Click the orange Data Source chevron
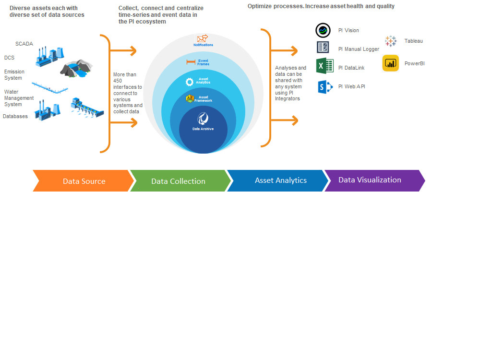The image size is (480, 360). point(84,181)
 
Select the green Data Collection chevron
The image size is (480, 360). point(178,181)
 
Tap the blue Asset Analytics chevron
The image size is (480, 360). point(280,180)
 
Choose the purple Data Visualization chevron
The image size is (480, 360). point(370,180)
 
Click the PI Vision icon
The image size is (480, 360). point(323,30)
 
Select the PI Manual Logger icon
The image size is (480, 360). point(323,47)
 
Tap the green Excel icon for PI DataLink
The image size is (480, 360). point(324,66)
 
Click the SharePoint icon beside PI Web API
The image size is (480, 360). point(325,87)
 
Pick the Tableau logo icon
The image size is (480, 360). point(391,41)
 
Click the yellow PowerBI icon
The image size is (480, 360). point(390,63)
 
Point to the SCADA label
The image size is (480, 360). point(24,44)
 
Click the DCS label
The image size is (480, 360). point(10,58)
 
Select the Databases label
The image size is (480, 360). point(15,116)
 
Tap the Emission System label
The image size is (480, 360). point(14,75)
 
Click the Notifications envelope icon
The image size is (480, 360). point(202,38)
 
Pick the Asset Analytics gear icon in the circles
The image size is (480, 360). point(190,82)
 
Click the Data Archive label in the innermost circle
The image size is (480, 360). point(203,128)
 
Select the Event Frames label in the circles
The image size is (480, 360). point(203,62)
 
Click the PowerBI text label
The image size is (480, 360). point(414,63)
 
